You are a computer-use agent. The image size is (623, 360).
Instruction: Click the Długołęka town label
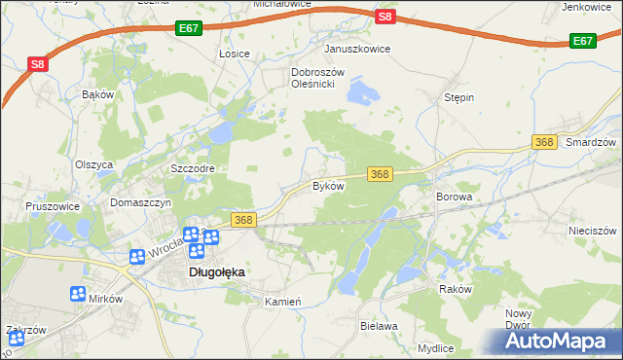[x=215, y=273]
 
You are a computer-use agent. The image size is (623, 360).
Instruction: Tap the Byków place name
[x=328, y=185]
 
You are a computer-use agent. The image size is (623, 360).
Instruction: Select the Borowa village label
[x=455, y=197]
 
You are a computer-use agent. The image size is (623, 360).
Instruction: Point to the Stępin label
[x=458, y=98]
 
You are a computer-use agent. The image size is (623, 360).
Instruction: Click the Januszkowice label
[x=357, y=49]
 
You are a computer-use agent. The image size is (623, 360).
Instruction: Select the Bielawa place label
[x=380, y=327]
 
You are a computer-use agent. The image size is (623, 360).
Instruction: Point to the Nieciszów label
[x=593, y=232]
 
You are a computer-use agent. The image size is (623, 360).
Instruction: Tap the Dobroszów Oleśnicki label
[x=313, y=78]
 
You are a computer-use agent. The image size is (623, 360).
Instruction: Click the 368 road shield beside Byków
[x=380, y=174]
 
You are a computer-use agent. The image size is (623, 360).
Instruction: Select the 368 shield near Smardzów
[x=544, y=143]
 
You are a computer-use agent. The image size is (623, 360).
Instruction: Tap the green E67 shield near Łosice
[x=190, y=30]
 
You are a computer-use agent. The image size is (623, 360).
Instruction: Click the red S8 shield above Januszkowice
[x=385, y=17]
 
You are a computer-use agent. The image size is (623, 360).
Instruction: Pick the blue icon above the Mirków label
[x=78, y=294]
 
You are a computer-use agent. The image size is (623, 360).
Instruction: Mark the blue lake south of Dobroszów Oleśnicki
[x=361, y=94]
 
